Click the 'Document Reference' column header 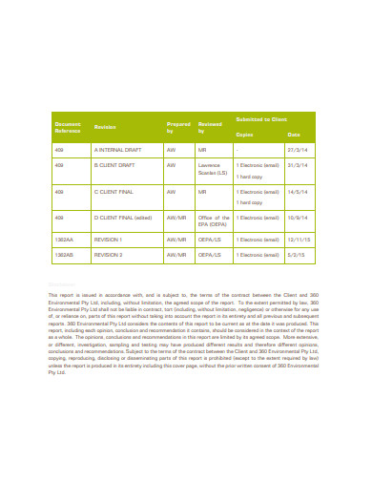click(x=70, y=126)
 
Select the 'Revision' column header click(x=106, y=126)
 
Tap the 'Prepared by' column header click(x=178, y=126)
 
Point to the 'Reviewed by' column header click(x=208, y=126)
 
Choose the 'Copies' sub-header click(x=245, y=136)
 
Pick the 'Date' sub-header click(x=293, y=136)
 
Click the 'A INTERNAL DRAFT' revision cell click(x=117, y=151)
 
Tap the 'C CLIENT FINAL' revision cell click(x=114, y=192)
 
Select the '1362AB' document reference click(x=65, y=256)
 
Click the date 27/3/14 click(x=297, y=151)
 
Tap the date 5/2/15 click(x=296, y=256)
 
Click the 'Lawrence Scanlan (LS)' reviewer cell click(x=211, y=169)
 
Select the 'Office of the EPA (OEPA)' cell click(x=211, y=221)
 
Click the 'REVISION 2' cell click(x=109, y=256)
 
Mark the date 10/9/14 click(x=297, y=218)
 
